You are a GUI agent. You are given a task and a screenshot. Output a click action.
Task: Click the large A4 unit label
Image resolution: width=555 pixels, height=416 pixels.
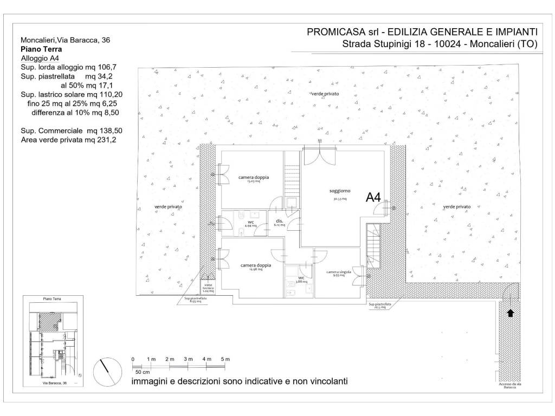point(373,197)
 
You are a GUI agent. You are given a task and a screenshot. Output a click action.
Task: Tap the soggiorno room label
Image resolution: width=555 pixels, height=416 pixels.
point(340,191)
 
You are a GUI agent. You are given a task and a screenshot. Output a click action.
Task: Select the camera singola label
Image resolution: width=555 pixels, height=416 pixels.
point(339,272)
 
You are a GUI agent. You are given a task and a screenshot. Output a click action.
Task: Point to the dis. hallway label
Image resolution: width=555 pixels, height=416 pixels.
point(280,222)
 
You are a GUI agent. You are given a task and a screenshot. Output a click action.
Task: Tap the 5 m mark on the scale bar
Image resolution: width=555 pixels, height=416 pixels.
point(225,360)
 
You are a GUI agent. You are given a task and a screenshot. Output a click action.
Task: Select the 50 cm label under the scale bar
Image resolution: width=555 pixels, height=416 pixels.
point(143,372)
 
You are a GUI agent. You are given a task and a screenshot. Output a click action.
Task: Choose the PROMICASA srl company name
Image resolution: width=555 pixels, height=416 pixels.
point(341,32)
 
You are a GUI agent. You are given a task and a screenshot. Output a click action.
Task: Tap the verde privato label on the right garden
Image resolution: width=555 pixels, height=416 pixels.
point(457,207)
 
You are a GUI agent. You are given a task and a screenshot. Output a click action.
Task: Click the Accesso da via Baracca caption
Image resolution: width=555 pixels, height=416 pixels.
point(508,386)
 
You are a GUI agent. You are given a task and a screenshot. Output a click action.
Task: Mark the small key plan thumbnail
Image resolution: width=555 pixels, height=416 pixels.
point(54,340)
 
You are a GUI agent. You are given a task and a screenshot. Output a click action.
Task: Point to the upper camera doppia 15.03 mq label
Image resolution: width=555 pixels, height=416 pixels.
point(254,178)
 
